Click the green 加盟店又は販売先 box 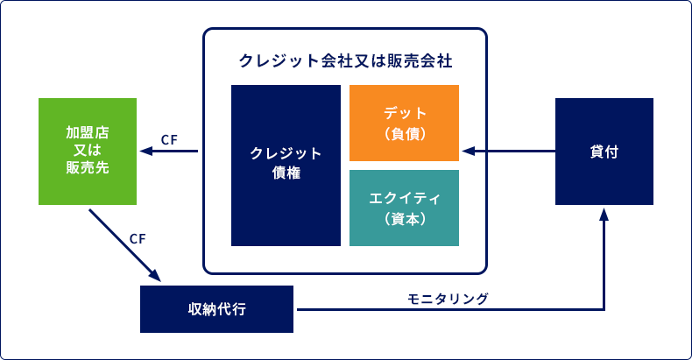click(x=88, y=152)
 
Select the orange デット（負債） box click(x=405, y=124)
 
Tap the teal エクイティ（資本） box click(x=405, y=208)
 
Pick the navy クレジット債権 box click(x=286, y=166)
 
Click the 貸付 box click(x=604, y=152)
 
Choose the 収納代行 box click(x=216, y=309)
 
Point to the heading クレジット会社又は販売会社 click(x=345, y=61)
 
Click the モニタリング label click(x=448, y=299)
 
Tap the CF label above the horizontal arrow click(x=169, y=140)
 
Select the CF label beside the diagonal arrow click(x=138, y=238)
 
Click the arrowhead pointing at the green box click(x=146, y=152)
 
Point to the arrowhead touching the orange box click(x=469, y=152)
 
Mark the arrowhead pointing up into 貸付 click(x=604, y=215)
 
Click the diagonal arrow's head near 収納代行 click(x=155, y=276)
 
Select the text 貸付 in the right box click(x=604, y=152)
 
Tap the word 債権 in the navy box click(x=286, y=173)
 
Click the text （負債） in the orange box click(x=405, y=133)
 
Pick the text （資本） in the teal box click(x=405, y=218)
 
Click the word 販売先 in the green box click(x=88, y=167)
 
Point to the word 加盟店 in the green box click(x=88, y=132)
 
